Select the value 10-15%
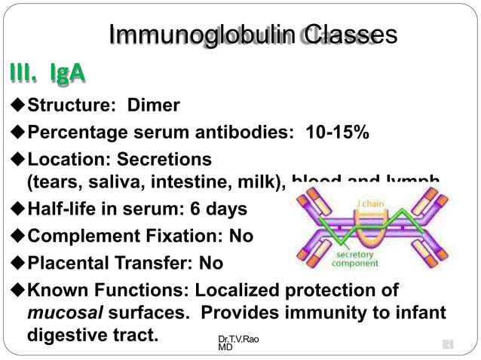click(x=337, y=133)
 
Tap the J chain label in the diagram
click(x=371, y=203)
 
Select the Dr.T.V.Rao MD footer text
click(x=237, y=343)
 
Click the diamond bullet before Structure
click(x=18, y=106)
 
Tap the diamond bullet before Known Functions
click(x=18, y=291)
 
